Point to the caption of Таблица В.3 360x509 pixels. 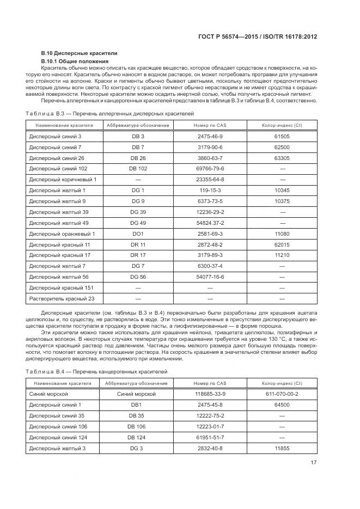tap(109, 113)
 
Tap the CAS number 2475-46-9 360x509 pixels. tap(210, 136)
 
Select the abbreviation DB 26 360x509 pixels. tap(138, 158)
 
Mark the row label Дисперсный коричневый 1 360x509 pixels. tap(62, 179)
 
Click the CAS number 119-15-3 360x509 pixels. tap(210, 190)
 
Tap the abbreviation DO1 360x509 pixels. tap(138, 234)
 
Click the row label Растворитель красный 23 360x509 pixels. tap(62, 298)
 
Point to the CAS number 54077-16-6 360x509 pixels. tap(210, 277)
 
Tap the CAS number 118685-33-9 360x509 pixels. tap(210, 394)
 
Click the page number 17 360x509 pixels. tap(314, 463)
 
